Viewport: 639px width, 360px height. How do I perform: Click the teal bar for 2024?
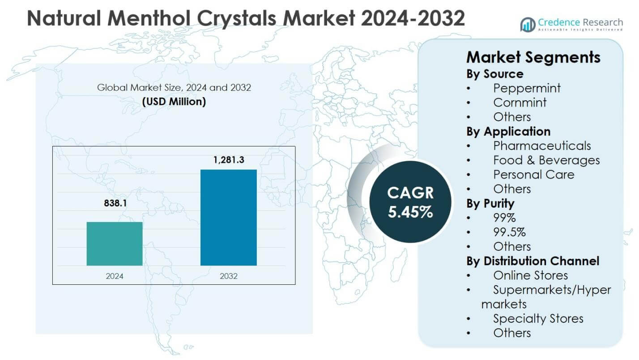(x=115, y=244)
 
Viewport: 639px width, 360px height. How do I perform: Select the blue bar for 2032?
(x=228, y=218)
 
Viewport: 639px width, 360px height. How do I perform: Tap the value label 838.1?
(x=115, y=204)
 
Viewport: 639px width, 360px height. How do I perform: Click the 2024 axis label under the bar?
(x=115, y=276)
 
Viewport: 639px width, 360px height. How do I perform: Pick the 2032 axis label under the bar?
(x=229, y=276)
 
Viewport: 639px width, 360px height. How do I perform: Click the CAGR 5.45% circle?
(x=410, y=202)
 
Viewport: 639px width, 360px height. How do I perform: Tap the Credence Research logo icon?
(x=528, y=24)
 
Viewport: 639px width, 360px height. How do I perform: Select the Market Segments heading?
(x=533, y=57)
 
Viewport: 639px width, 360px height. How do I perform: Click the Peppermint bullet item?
(x=526, y=88)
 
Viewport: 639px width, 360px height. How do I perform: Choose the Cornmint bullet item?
(x=520, y=103)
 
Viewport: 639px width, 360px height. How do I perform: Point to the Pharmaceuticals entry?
(x=542, y=146)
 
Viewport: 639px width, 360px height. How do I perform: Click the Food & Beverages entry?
(x=546, y=160)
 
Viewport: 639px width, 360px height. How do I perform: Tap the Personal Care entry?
(x=533, y=174)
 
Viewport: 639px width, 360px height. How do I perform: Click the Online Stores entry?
(x=530, y=275)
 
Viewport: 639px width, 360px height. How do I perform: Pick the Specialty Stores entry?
(x=538, y=318)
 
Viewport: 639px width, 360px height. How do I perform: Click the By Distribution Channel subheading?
(x=532, y=261)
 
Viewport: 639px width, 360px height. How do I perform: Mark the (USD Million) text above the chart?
(x=174, y=102)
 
